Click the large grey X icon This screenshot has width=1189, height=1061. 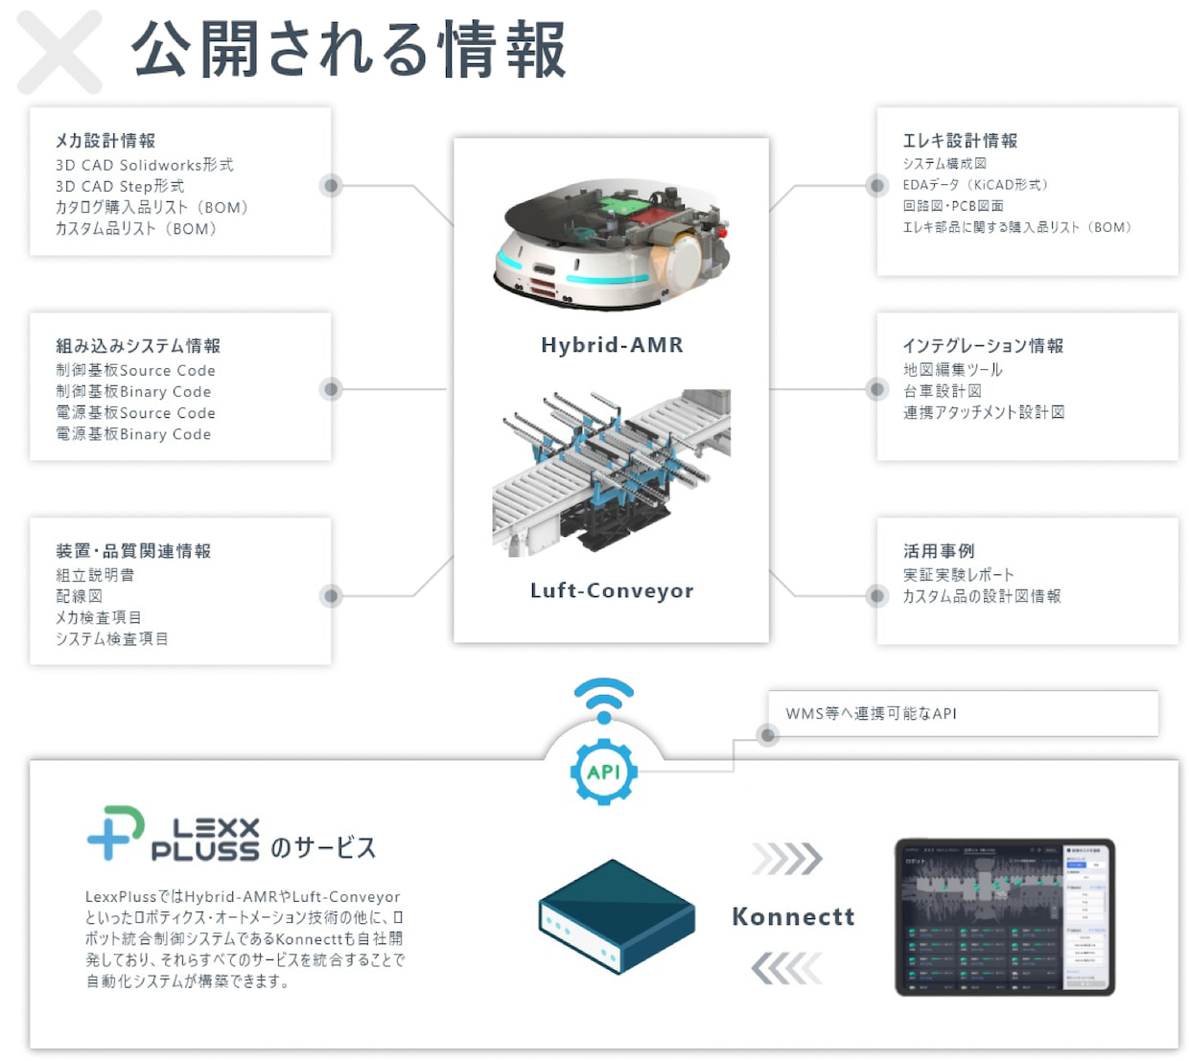click(x=59, y=53)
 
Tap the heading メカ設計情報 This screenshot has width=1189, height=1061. click(x=105, y=141)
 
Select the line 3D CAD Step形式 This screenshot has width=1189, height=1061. click(x=120, y=186)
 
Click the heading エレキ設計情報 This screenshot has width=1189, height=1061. click(x=960, y=141)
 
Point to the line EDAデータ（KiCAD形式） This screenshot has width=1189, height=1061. click(x=975, y=185)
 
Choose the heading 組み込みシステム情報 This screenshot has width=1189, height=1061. click(x=138, y=346)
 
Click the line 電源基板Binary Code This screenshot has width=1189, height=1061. click(x=133, y=434)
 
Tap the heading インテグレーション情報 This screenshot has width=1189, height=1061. click(x=983, y=346)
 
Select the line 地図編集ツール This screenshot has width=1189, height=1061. click(x=952, y=370)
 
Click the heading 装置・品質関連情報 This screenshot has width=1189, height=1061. click(x=133, y=551)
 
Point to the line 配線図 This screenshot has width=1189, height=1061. click(x=79, y=596)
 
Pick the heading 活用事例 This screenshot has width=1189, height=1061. click(x=939, y=551)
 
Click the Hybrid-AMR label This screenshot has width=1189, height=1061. click(x=612, y=345)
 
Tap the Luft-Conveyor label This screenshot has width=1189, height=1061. click(x=612, y=590)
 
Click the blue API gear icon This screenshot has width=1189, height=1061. click(x=603, y=772)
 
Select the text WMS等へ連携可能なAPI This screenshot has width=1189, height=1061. click(x=871, y=714)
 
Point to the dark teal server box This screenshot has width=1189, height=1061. click(x=616, y=916)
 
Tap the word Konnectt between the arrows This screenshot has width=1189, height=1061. click(x=793, y=917)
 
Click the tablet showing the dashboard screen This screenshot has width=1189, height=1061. click(x=1004, y=917)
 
